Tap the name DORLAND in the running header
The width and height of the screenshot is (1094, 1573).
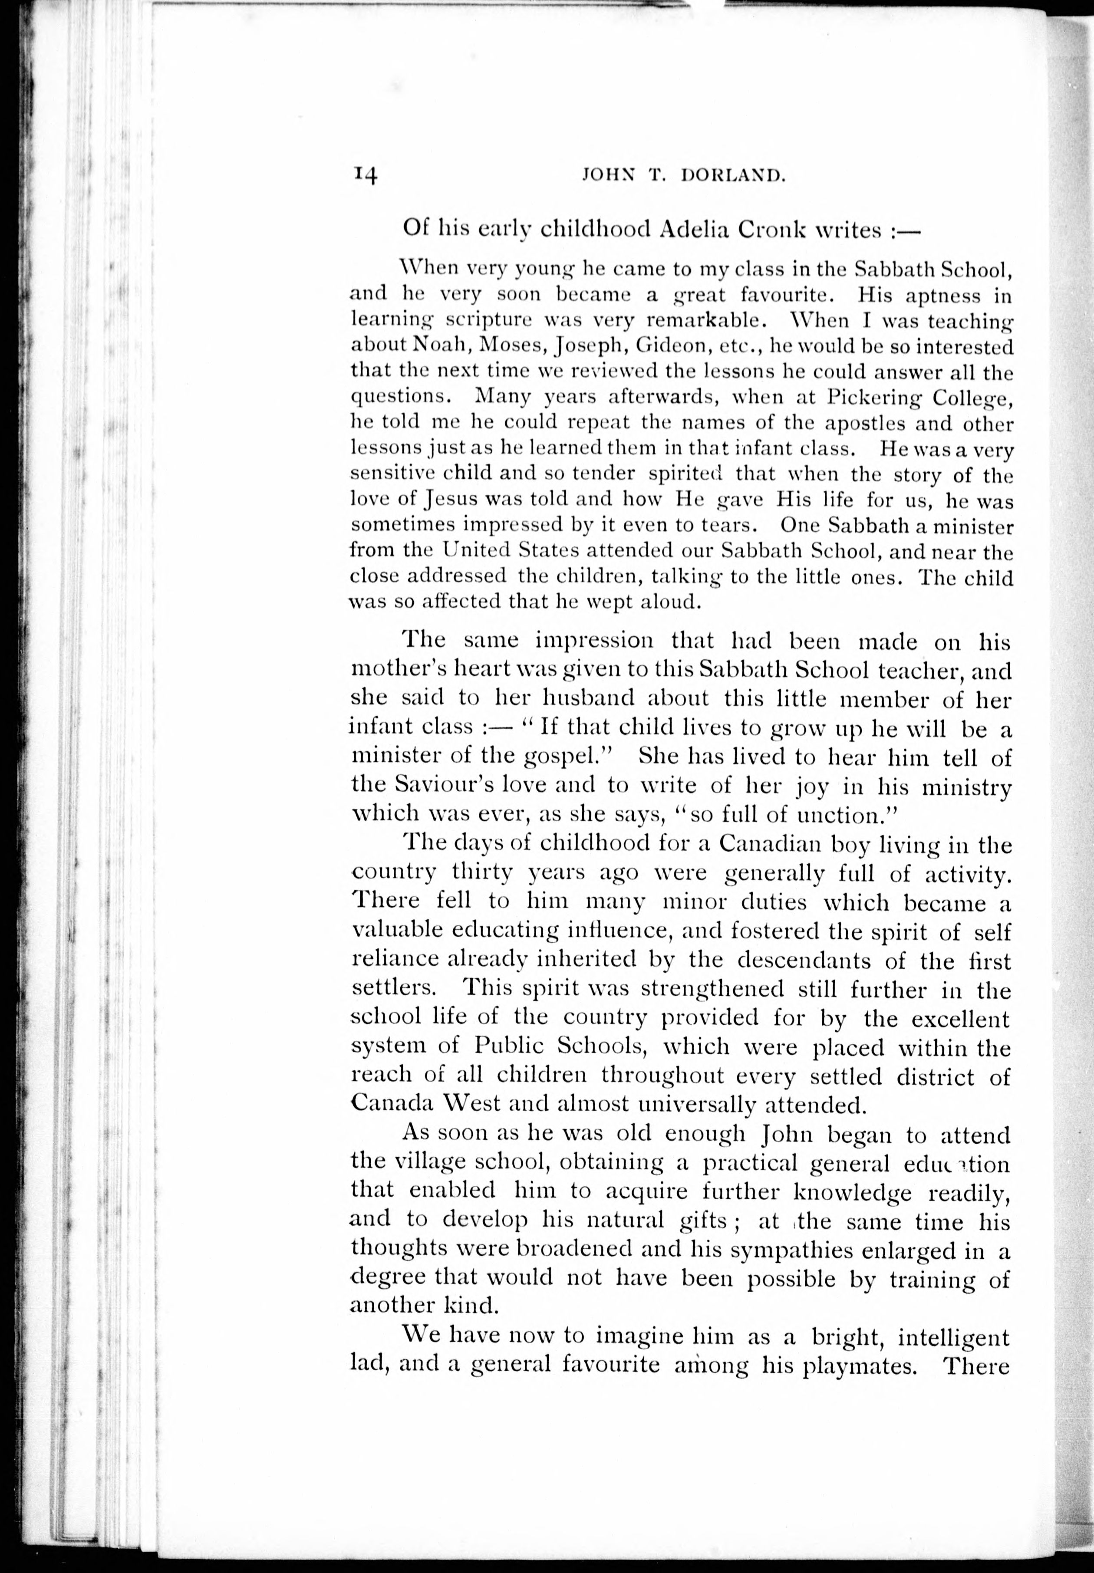[733, 176]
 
